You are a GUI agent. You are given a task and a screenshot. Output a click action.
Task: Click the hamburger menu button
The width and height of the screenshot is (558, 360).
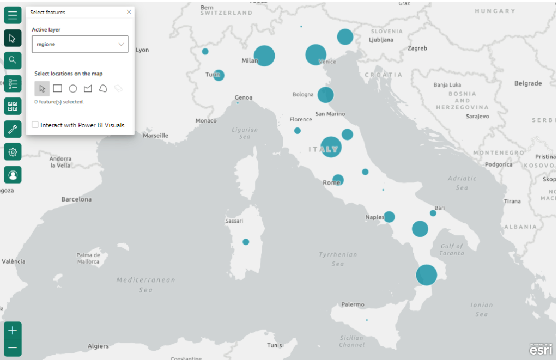point(13,15)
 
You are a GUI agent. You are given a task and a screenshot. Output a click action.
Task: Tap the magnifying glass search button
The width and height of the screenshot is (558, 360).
point(13,60)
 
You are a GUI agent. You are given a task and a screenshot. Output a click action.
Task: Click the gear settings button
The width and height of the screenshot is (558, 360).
point(13,152)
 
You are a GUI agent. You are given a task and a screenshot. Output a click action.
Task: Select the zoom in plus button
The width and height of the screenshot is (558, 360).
point(13,330)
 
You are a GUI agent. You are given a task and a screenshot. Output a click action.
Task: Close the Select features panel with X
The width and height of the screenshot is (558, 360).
point(129,12)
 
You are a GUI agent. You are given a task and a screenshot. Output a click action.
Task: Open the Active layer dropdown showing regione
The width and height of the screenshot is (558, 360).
point(80,44)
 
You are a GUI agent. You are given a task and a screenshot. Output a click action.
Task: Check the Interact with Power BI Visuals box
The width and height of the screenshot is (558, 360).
point(35,125)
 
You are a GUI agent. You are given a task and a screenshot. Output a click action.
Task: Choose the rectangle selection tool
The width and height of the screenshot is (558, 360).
point(57,88)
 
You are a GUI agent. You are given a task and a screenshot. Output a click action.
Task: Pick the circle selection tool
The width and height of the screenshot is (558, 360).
point(72,88)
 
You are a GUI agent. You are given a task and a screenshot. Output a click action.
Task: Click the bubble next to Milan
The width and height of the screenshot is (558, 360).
point(264,56)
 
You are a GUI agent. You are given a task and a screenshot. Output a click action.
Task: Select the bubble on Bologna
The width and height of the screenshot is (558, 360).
point(325,95)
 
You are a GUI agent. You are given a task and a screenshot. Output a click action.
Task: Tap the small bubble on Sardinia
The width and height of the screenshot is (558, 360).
point(246,242)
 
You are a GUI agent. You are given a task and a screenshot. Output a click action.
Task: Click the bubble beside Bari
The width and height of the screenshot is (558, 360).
point(433,213)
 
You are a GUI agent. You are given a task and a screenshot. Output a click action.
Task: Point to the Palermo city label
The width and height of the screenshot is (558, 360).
point(353,304)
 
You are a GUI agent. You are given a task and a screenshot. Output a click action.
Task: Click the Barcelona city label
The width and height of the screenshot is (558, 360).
point(76,199)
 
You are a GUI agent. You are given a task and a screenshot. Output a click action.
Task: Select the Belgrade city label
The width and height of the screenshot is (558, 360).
point(527,83)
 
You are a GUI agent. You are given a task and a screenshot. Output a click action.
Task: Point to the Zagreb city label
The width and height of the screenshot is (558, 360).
point(417,48)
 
